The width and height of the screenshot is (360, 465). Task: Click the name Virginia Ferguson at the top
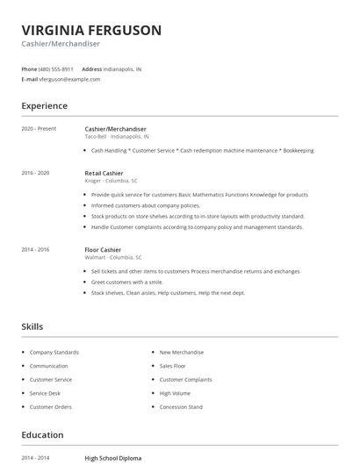click(x=91, y=30)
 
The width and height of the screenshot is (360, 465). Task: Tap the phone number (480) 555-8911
click(x=56, y=68)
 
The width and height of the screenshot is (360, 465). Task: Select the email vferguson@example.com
click(x=69, y=79)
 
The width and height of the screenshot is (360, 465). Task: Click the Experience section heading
click(x=45, y=106)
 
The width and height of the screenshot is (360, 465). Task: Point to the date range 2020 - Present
click(x=39, y=129)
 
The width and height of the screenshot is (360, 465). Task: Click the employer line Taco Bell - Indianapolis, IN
click(x=117, y=137)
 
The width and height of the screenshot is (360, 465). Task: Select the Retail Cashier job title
click(x=104, y=173)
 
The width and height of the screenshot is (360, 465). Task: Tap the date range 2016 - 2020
click(x=35, y=173)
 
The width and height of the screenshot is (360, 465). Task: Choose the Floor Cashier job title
click(x=103, y=249)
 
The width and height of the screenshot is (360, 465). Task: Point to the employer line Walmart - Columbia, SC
click(x=113, y=257)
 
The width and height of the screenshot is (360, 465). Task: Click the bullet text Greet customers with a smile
click(x=127, y=283)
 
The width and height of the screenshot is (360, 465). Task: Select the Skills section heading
click(x=32, y=326)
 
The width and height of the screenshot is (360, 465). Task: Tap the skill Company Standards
click(x=54, y=352)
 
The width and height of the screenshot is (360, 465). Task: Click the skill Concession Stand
click(x=181, y=407)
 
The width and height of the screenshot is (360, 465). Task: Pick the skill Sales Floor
click(x=172, y=366)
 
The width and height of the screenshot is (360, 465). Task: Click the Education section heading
click(x=42, y=435)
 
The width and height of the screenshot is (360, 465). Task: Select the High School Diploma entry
click(x=112, y=458)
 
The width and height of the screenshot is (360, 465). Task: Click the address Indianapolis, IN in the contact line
click(x=123, y=68)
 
